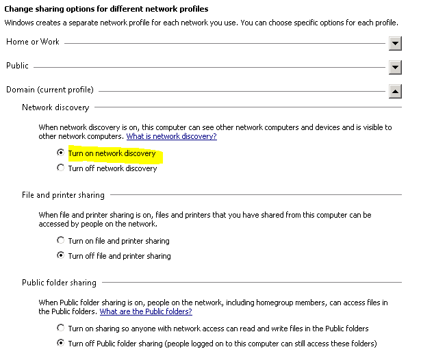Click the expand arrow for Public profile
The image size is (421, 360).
pos(394,68)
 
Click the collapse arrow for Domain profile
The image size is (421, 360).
pos(394,91)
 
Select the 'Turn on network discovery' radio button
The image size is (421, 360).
pos(61,153)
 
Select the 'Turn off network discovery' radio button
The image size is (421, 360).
pos(61,168)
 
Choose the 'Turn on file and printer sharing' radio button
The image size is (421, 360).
pos(61,241)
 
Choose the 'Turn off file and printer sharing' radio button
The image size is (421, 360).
pos(61,256)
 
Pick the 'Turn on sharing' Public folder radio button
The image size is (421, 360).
pos(61,329)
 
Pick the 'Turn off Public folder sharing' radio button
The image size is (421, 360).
pos(61,343)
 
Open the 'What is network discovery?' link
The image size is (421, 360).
pos(171,137)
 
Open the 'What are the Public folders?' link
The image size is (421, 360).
pos(145,312)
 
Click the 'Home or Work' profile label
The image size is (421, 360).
pos(33,42)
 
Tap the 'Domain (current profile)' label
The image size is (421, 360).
pos(50,90)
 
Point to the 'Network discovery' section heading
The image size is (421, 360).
pos(55,107)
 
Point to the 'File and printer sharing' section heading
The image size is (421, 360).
pos(63,196)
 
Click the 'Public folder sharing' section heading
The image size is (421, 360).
pos(59,283)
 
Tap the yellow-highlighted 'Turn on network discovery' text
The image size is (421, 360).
pos(112,154)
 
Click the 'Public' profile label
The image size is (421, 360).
pos(17,66)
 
